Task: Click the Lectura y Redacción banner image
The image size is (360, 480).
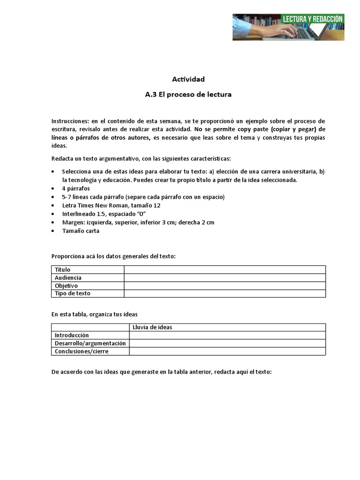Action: click(288, 27)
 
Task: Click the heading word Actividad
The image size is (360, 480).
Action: click(188, 79)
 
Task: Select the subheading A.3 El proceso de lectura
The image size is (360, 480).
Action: click(188, 94)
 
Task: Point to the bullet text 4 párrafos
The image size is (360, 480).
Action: click(75, 188)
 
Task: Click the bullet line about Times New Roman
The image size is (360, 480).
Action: click(111, 205)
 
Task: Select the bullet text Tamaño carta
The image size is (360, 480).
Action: click(81, 231)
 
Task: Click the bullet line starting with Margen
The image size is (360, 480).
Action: click(138, 222)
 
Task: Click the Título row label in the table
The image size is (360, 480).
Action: click(63, 270)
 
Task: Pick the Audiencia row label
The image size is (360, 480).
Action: click(68, 277)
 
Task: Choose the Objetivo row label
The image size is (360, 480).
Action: click(66, 285)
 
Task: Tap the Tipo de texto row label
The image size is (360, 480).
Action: click(73, 293)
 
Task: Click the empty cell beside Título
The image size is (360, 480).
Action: click(225, 270)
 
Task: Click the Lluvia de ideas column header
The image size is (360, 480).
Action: click(152, 327)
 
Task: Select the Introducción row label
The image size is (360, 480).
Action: click(72, 335)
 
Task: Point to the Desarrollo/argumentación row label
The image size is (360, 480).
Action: click(90, 343)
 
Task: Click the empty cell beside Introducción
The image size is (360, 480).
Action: click(227, 335)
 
